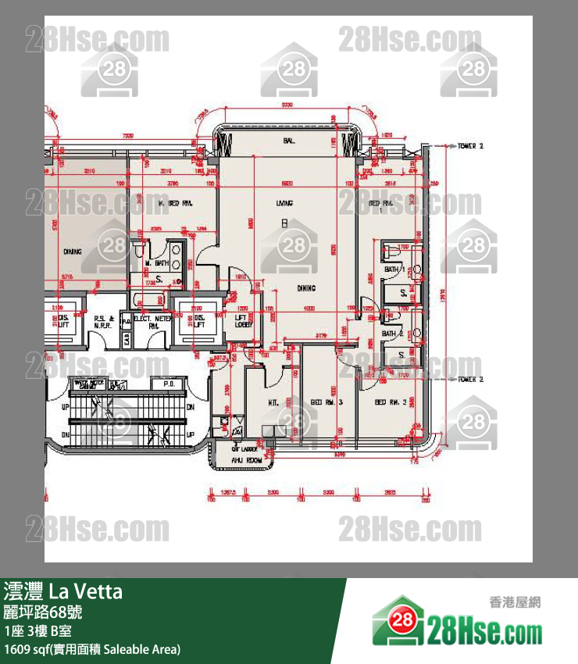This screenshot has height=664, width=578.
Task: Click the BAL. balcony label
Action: (288, 141)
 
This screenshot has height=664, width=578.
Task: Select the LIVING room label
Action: (284, 203)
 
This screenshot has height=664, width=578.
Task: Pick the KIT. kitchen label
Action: (274, 402)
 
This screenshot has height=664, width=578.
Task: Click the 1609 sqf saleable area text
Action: (92, 648)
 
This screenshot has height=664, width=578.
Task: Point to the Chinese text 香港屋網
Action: (515, 602)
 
